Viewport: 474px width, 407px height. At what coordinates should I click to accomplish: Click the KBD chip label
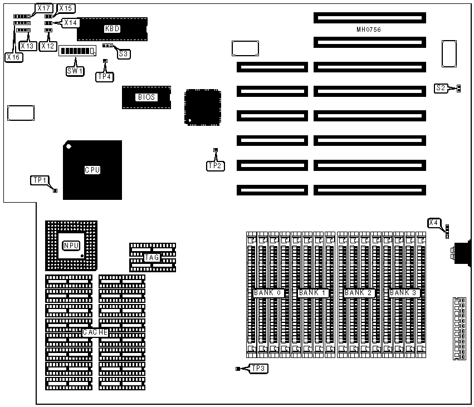point(112,28)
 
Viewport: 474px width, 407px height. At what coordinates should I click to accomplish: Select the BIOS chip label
point(146,97)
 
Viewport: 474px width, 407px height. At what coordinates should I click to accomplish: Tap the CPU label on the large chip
point(92,170)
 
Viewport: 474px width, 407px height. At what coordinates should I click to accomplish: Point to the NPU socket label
point(71,245)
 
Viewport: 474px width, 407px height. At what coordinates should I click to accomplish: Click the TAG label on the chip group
point(152,257)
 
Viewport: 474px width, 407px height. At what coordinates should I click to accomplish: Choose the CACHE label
point(95,332)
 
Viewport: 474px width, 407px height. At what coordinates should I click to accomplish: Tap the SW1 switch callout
point(74,71)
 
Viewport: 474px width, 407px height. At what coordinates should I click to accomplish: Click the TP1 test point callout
point(40,180)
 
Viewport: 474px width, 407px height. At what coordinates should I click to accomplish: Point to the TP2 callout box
point(216,165)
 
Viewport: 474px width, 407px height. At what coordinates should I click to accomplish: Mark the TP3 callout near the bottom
point(258,368)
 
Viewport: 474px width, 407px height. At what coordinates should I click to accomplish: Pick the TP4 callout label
point(104,77)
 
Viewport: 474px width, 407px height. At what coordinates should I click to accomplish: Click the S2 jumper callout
point(441,88)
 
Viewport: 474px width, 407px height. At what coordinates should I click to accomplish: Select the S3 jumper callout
point(123,54)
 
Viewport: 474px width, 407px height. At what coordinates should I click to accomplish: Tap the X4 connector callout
point(434,223)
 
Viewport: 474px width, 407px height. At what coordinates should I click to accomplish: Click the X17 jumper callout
point(43,8)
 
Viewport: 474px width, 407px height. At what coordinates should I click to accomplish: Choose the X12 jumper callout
point(48,46)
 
